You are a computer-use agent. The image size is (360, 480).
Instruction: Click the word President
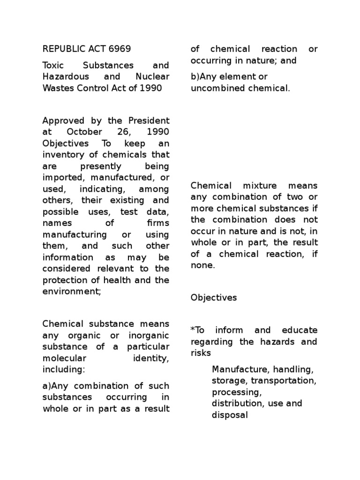[x=149, y=120]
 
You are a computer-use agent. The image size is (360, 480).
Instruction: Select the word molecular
[x=63, y=359]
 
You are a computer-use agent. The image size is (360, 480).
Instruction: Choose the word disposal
[x=229, y=415]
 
